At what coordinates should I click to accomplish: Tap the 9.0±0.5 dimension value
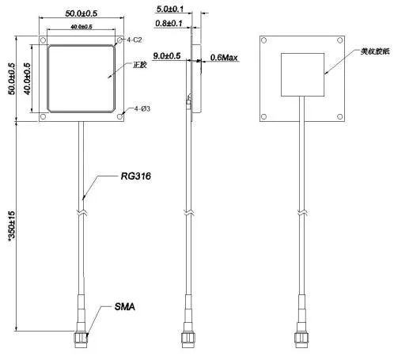coord(166,56)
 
